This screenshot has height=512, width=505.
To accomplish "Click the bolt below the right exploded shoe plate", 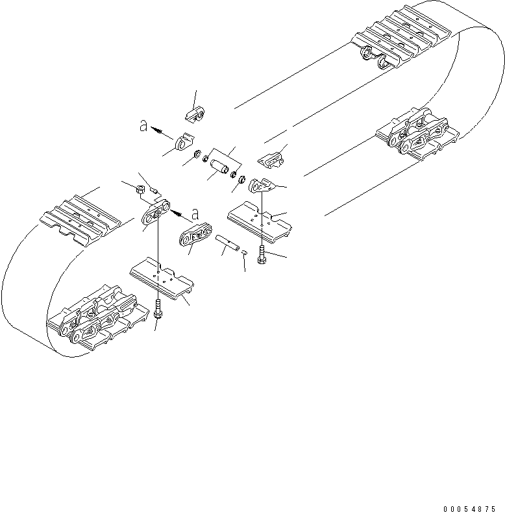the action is [261, 254].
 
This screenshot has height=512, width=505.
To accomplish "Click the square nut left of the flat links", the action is [140, 189].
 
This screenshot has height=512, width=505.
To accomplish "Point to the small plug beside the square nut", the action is [154, 189].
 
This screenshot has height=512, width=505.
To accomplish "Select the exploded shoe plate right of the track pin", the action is [260, 219].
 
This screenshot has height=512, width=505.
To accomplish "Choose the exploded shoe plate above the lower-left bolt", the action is [162, 276].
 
